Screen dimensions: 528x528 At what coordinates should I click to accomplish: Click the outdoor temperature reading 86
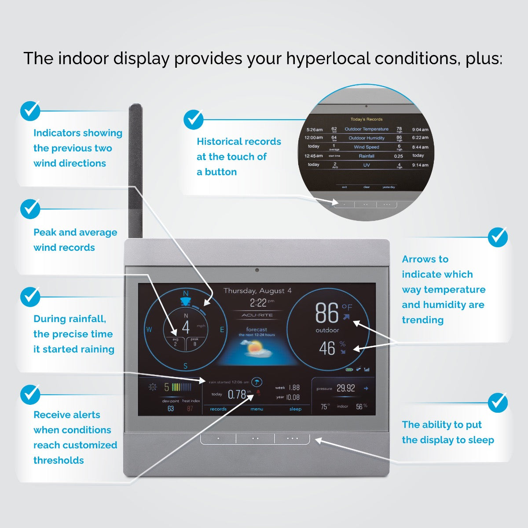[x=326, y=313]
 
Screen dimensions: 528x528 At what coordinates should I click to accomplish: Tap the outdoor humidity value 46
[x=327, y=348]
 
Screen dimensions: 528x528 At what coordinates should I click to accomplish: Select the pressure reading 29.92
[x=345, y=388]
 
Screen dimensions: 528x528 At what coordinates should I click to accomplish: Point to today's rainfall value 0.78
[x=237, y=395]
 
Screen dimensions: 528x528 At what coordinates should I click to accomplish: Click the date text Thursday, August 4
[x=257, y=291]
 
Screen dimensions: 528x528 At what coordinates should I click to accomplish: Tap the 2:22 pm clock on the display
[x=259, y=303]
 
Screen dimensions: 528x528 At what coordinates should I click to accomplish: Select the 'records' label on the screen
[x=218, y=409]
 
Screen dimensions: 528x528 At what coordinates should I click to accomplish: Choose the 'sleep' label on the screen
[x=295, y=409]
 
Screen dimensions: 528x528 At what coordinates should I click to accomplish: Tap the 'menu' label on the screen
[x=257, y=409]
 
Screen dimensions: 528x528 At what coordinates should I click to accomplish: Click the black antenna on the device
[x=135, y=172]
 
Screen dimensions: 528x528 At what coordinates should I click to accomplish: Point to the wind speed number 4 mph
[x=186, y=327]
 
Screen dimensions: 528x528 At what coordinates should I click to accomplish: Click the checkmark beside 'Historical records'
[x=193, y=119]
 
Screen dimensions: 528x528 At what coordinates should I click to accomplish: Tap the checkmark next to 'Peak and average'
[x=30, y=209]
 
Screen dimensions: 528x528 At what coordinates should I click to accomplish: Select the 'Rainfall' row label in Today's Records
[x=367, y=156]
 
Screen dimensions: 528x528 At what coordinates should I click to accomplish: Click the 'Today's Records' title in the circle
[x=367, y=119]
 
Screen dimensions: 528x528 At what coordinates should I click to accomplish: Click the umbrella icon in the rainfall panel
[x=257, y=382]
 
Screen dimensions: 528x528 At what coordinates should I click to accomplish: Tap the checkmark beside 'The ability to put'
[x=498, y=402]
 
